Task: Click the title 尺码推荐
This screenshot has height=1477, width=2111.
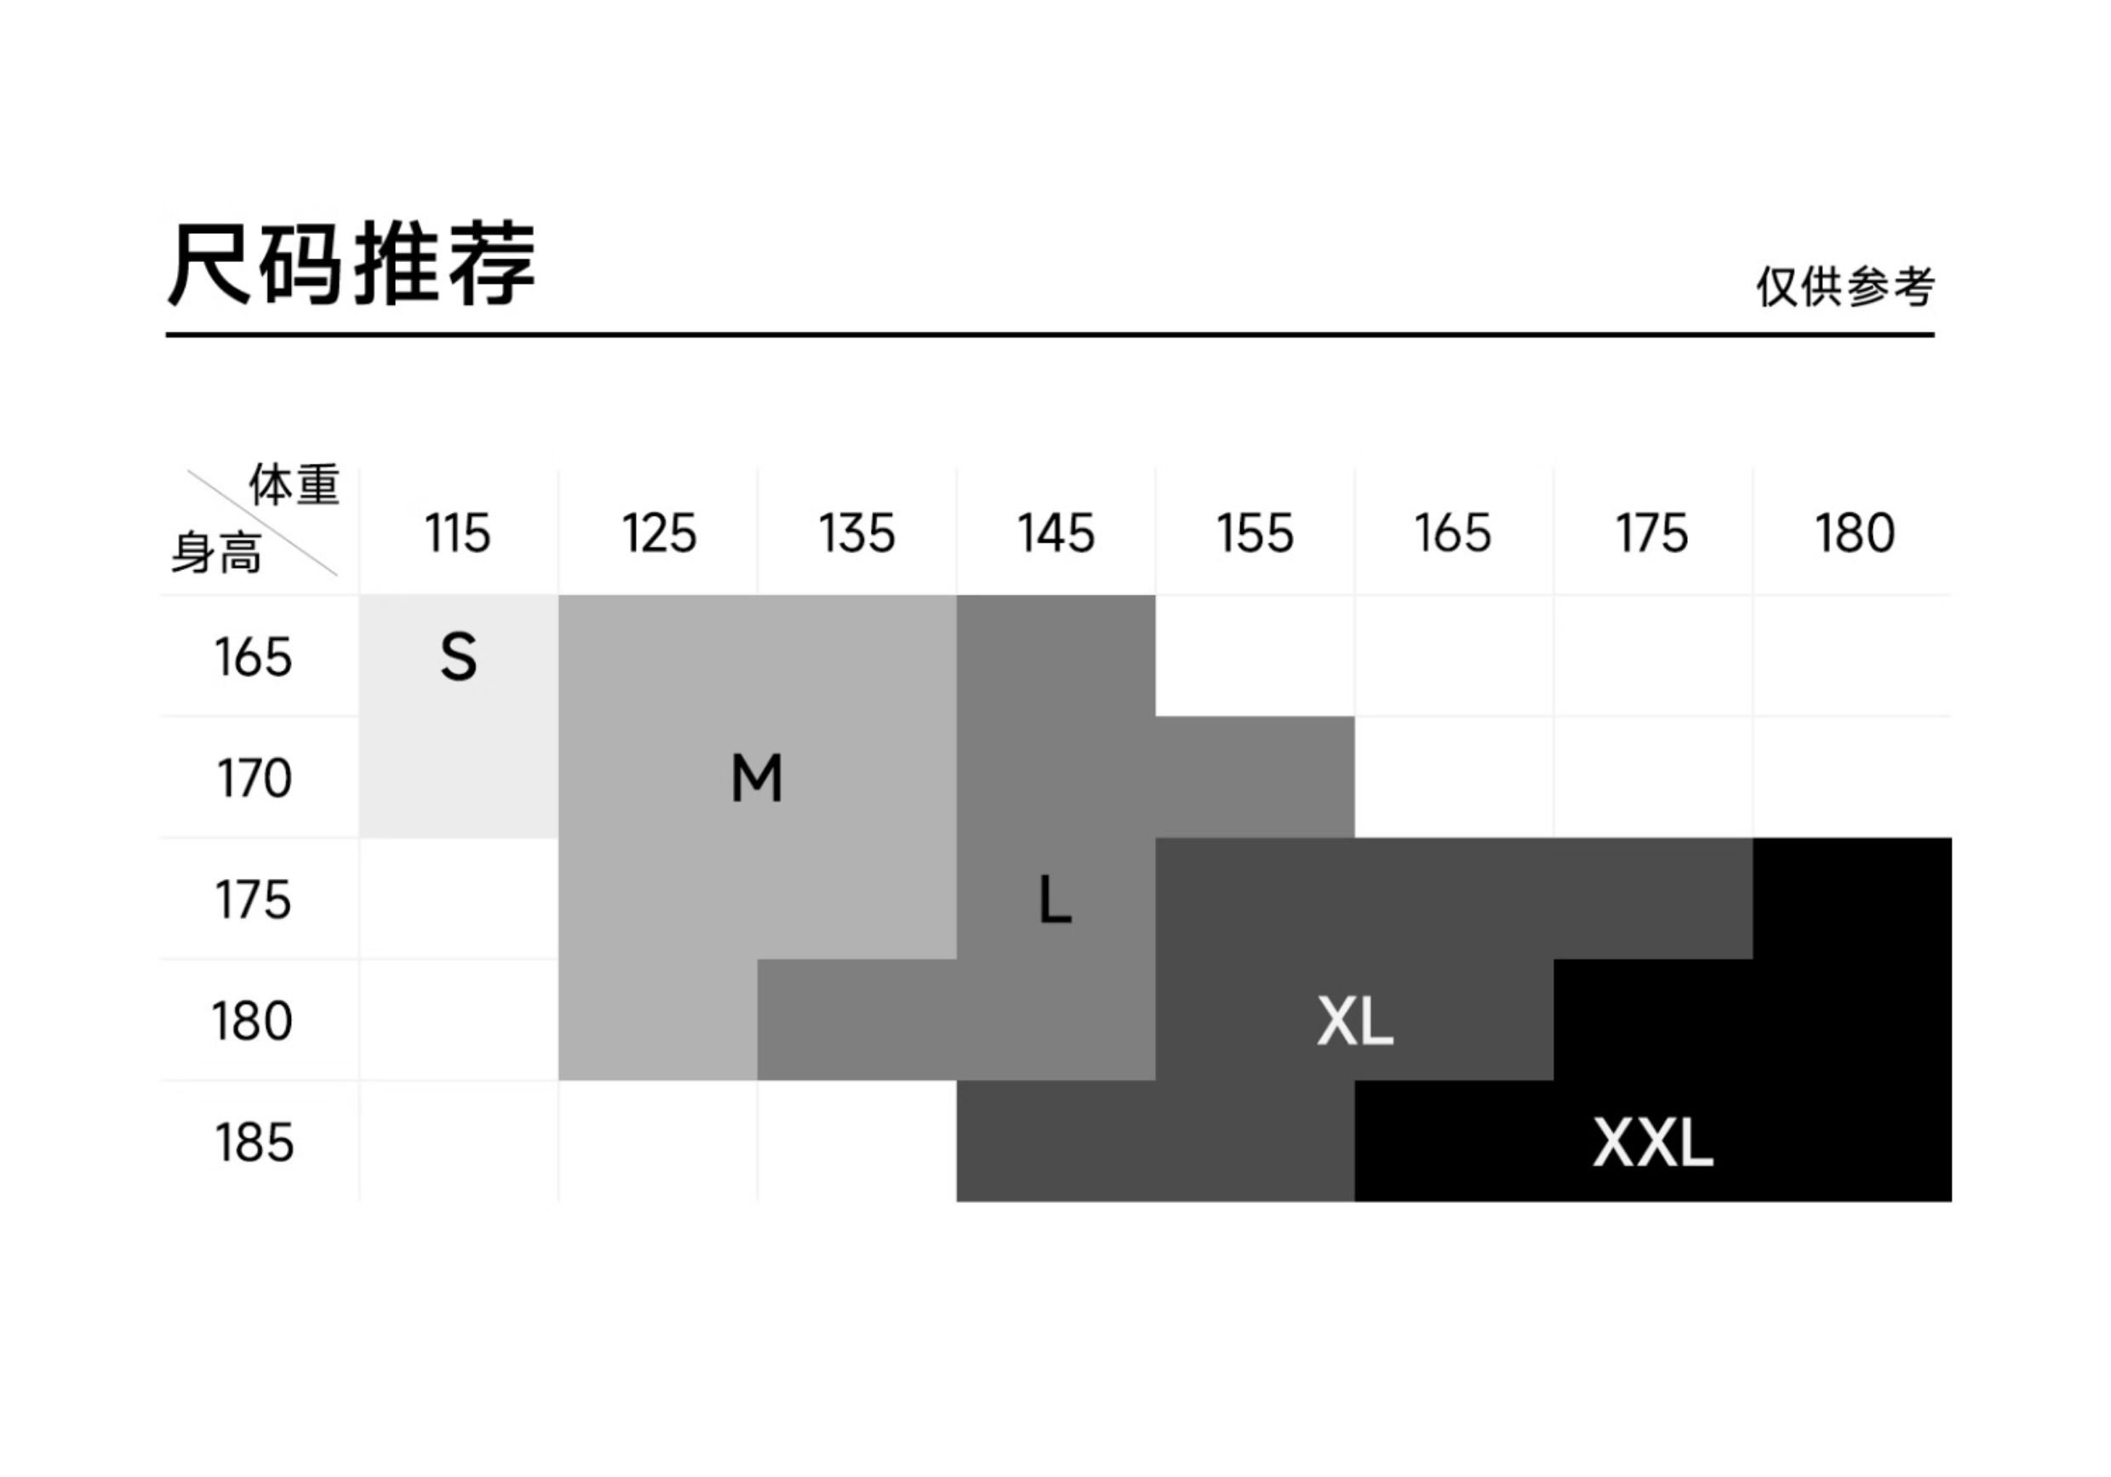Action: [352, 264]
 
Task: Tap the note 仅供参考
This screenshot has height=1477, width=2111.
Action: [1845, 287]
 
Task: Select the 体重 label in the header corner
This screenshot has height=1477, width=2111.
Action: [295, 484]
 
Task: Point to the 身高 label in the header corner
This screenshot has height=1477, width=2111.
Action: [217, 553]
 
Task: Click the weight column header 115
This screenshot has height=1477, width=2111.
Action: [458, 533]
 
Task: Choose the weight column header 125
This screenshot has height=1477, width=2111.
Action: [658, 533]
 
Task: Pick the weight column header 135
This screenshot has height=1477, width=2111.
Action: [857, 533]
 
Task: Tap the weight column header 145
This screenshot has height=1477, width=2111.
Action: [1055, 533]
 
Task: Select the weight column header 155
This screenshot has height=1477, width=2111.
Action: [1255, 533]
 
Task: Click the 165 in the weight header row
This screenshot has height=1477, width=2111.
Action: [1453, 533]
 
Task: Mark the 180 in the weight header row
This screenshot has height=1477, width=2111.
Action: [1855, 533]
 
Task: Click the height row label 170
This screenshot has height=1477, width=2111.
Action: [254, 778]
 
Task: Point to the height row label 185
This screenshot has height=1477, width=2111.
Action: [254, 1143]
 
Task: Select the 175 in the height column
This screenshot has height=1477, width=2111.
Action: [253, 900]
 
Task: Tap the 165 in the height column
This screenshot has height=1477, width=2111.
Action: [253, 657]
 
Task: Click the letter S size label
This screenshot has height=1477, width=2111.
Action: [459, 657]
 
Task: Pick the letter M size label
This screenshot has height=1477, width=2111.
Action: [757, 778]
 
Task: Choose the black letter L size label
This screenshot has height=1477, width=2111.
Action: [1055, 900]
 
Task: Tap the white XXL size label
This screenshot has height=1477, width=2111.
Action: [1652, 1143]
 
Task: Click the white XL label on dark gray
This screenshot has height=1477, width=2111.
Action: [1354, 1021]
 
